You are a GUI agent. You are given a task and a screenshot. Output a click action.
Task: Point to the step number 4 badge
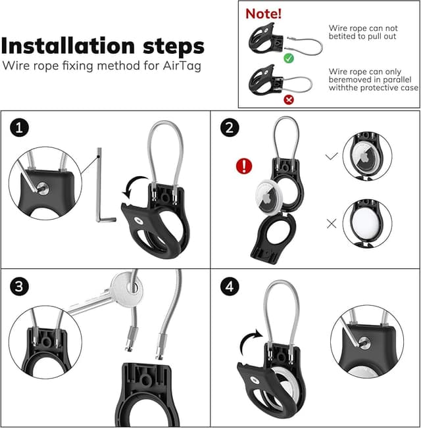pos(230,287)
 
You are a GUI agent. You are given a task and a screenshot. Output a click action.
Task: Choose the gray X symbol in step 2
pos(332,223)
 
